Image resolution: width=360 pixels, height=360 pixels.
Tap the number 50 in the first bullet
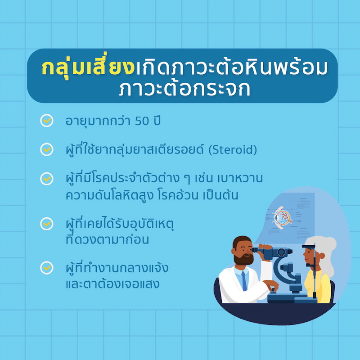(142, 121)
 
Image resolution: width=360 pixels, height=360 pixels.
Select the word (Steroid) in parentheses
(233, 150)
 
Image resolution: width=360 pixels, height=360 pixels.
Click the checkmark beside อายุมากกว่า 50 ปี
(47, 120)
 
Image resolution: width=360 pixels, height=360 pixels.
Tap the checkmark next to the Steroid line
(47, 149)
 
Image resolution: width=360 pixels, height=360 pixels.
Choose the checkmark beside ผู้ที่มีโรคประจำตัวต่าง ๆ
(47, 178)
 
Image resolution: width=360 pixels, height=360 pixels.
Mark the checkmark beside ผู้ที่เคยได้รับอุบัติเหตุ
(47, 223)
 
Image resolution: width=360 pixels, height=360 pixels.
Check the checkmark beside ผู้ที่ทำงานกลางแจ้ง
(47, 267)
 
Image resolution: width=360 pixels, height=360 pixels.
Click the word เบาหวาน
(240, 178)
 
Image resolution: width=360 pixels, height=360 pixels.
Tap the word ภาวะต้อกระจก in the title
(184, 88)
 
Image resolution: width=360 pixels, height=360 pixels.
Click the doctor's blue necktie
(244, 280)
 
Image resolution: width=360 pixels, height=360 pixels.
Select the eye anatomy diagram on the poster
(282, 217)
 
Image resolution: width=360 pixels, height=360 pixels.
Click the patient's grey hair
(325, 254)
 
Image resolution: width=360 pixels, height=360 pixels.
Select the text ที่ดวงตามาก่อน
(107, 239)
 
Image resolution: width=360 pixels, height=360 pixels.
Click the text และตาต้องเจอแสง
(112, 284)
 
